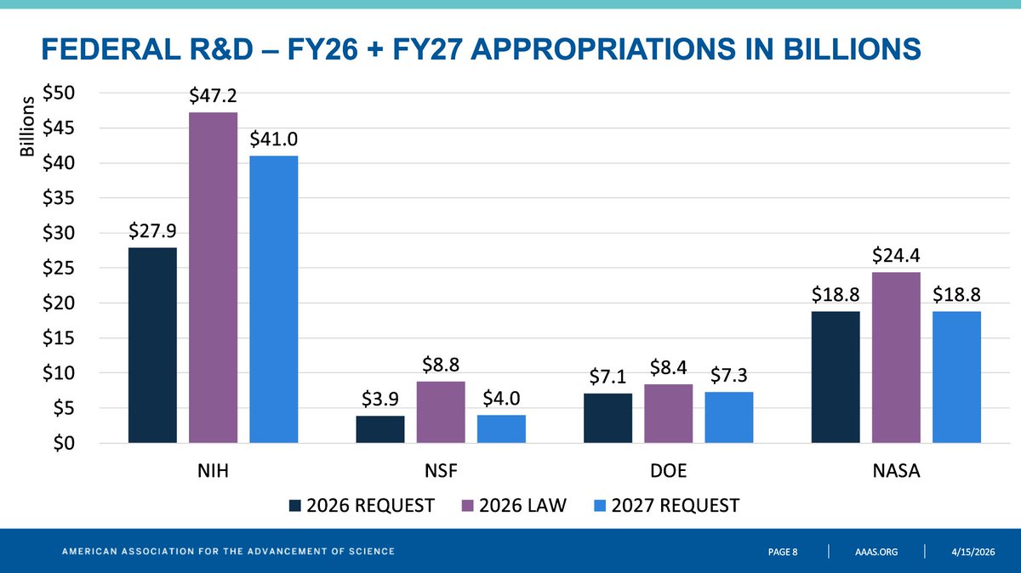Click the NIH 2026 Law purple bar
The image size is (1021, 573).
pyautogui.click(x=214, y=277)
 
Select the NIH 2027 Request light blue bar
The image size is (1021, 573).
pyautogui.click(x=274, y=299)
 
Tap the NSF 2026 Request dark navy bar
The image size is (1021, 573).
pyautogui.click(x=380, y=429)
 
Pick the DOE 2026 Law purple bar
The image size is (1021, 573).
pyautogui.click(x=668, y=413)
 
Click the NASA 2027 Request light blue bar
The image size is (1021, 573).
pyautogui.click(x=956, y=377)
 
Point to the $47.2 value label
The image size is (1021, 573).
pyautogui.click(x=214, y=96)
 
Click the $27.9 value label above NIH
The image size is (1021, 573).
pyautogui.click(x=152, y=231)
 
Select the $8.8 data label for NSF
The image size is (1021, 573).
pyautogui.click(x=441, y=365)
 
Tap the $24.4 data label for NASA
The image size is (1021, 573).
pyautogui.click(x=896, y=256)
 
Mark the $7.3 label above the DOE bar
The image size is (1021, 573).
pyautogui.click(x=729, y=375)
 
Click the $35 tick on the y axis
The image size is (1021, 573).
pyautogui.click(x=59, y=198)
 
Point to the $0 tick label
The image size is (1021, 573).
pyautogui.click(x=64, y=443)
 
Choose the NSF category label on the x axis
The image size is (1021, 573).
pyautogui.click(x=441, y=470)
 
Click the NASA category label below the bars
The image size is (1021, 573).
pyautogui.click(x=896, y=470)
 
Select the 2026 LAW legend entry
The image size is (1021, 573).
pyautogui.click(x=514, y=506)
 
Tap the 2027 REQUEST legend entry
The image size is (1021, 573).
pyautogui.click(x=667, y=506)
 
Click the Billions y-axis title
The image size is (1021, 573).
pyautogui.click(x=27, y=126)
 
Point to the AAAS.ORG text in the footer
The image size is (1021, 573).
pyautogui.click(x=876, y=552)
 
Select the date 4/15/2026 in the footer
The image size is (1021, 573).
pyautogui.click(x=973, y=552)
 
